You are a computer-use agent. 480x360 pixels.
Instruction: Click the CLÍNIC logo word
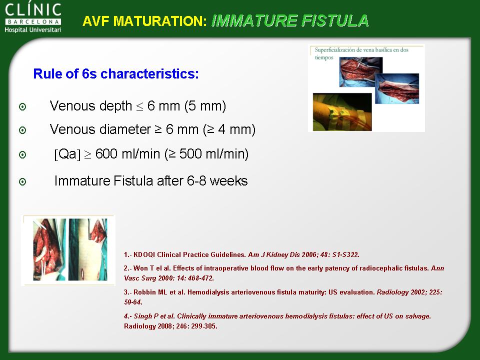tap(33, 10)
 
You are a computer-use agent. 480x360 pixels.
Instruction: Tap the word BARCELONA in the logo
tap(33, 21)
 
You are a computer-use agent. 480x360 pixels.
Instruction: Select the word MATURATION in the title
tap(160, 21)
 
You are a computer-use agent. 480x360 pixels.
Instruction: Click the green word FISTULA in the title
tap(335, 21)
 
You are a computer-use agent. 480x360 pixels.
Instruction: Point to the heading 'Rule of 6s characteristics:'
tap(116, 74)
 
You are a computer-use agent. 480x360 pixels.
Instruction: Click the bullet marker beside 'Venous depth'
tap(22, 107)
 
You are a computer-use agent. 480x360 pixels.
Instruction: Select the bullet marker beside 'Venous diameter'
tap(22, 130)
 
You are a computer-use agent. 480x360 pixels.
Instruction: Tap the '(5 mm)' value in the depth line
tap(205, 106)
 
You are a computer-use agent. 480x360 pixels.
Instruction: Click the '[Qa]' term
tap(67, 154)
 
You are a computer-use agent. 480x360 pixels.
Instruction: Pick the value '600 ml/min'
tap(127, 153)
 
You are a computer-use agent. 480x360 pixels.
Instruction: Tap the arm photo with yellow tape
tap(342, 112)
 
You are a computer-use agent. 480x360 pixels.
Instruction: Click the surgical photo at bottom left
tap(68, 250)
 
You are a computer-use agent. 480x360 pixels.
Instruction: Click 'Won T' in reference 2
tap(143, 268)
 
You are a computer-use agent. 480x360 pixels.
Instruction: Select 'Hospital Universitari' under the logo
tap(33, 29)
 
